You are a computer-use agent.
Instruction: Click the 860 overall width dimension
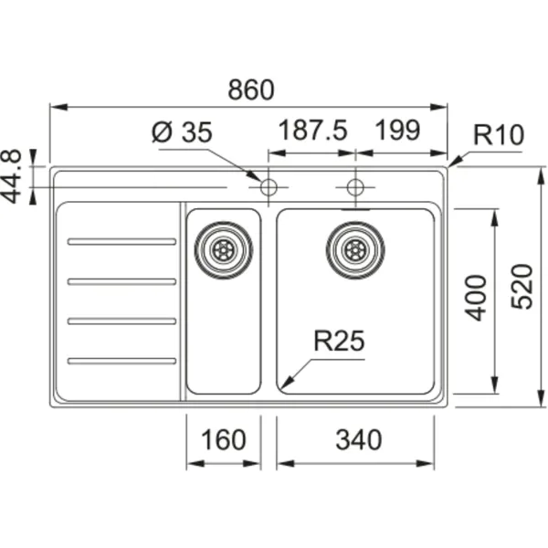(251, 90)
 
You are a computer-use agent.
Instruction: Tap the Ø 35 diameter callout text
(182, 132)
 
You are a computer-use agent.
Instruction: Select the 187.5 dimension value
(312, 130)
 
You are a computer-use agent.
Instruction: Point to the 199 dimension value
(397, 130)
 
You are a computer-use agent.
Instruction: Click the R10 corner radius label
(499, 134)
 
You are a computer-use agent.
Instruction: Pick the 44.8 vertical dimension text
(12, 176)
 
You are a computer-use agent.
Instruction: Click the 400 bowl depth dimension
(475, 298)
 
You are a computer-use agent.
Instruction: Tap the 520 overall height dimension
(522, 287)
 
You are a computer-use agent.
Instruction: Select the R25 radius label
(339, 341)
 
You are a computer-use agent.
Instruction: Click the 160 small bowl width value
(224, 439)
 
